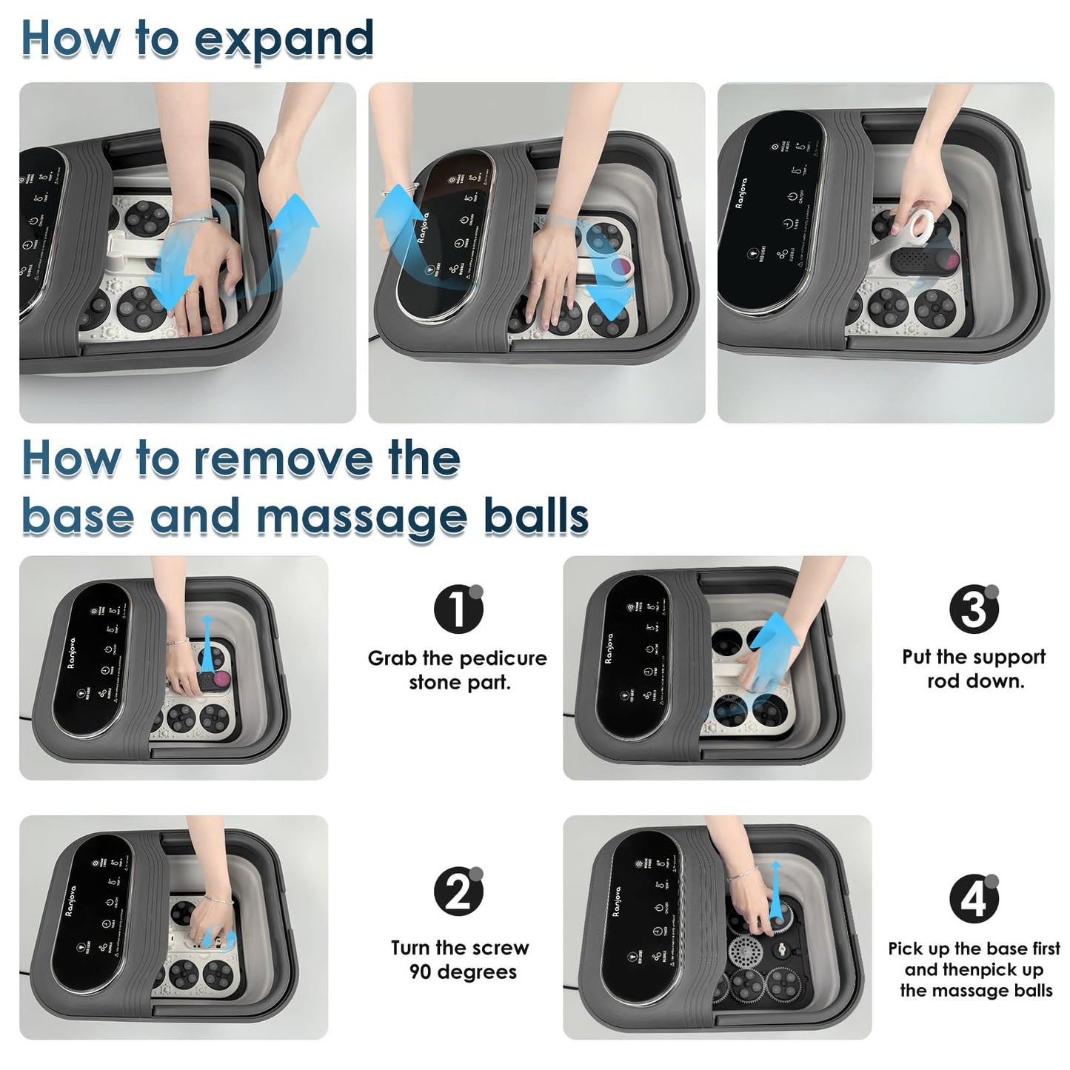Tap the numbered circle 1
pos(458,609)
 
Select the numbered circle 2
pos(458,891)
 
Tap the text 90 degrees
pos(463,972)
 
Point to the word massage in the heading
pos(361,516)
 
